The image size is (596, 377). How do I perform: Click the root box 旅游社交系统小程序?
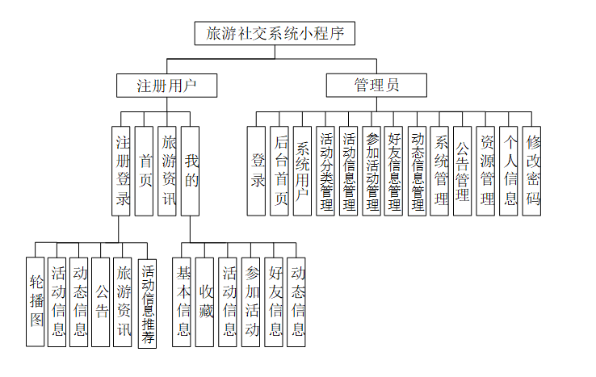click(x=275, y=33)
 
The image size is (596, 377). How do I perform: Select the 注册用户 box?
click(x=166, y=85)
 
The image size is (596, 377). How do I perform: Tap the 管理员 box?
click(x=376, y=85)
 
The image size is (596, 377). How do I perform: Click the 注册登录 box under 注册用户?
click(x=122, y=170)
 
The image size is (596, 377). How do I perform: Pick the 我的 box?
click(x=191, y=170)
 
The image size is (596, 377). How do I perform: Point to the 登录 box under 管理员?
click(x=258, y=170)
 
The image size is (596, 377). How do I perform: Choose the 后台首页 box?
click(x=280, y=170)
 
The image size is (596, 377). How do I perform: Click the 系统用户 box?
click(x=303, y=170)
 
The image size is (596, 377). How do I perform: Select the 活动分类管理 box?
click(x=326, y=170)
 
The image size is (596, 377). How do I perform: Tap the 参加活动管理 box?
click(x=371, y=170)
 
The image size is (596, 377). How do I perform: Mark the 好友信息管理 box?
click(x=394, y=170)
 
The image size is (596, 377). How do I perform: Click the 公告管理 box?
click(x=463, y=170)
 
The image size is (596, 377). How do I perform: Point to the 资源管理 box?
click(x=486, y=170)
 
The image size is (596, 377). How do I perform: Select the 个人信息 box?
click(x=509, y=170)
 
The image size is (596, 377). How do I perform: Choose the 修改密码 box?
click(x=532, y=170)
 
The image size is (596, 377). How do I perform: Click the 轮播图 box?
click(x=35, y=301)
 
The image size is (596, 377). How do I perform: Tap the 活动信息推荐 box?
click(x=148, y=301)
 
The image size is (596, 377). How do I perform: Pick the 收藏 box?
click(x=205, y=301)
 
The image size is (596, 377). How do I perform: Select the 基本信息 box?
click(x=183, y=301)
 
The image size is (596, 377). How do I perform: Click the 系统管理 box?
click(x=440, y=170)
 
